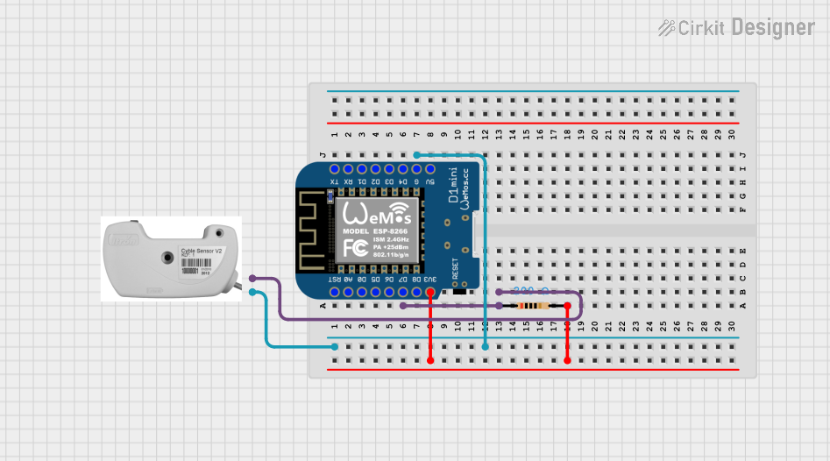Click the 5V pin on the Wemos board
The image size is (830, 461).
[430, 168]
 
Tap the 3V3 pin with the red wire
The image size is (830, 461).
[430, 291]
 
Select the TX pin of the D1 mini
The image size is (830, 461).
[334, 168]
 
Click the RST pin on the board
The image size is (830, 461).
[334, 291]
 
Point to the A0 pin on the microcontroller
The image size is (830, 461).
[348, 291]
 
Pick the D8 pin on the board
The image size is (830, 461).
[416, 291]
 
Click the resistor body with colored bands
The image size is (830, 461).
[533, 306]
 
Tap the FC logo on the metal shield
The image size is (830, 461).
[355, 248]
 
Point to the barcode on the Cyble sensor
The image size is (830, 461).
[190, 271]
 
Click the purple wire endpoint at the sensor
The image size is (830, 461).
[252, 278]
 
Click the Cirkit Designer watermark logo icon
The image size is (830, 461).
[667, 28]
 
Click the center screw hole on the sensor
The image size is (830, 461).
[167, 258]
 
